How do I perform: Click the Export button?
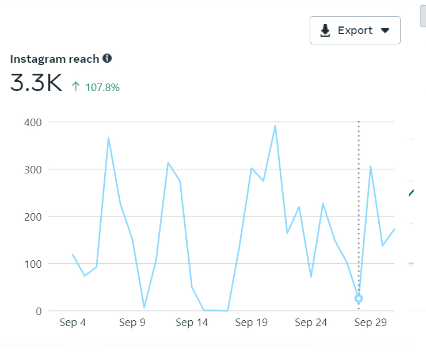[355, 31]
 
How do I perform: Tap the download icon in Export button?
[325, 31]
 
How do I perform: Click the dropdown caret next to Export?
[386, 31]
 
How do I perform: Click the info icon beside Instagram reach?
[107, 58]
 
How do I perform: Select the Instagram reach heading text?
[55, 59]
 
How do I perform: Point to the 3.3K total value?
[36, 84]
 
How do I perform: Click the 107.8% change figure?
[102, 88]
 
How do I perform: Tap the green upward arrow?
[75, 87]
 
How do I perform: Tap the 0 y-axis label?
[39, 311]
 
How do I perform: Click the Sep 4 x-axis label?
[73, 323]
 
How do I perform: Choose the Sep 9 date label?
[132, 323]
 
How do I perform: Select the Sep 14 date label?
[192, 323]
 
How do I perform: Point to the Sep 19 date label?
[252, 323]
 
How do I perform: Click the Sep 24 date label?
[311, 323]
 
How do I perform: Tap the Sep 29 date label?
[371, 323]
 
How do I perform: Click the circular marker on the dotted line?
[359, 298]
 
